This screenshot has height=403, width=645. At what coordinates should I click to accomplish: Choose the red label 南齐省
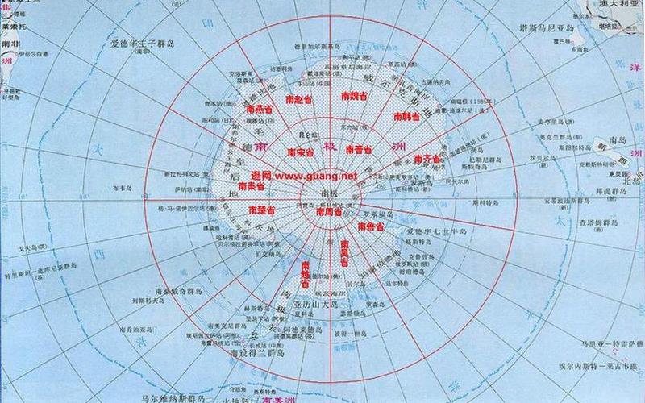427,159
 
